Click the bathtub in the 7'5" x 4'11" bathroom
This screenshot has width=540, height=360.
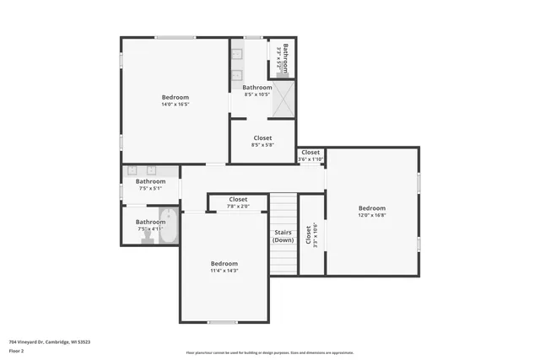coord(169,225)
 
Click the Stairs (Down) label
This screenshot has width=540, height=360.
coord(283,236)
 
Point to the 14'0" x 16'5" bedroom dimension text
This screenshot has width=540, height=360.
coord(175,105)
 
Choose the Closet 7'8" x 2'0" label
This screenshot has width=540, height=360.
coord(238,202)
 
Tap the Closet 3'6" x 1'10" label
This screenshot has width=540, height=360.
coord(310,155)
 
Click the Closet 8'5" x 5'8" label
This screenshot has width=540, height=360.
coord(262,141)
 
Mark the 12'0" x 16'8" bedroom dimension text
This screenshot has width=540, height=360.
coord(371,215)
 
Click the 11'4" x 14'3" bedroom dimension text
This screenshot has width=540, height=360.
coord(224,270)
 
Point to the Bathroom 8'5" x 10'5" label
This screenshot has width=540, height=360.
coord(257,90)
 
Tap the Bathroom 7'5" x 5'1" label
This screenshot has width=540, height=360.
coord(151,184)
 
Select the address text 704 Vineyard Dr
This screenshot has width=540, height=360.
coord(49,341)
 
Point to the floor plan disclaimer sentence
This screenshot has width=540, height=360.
coord(269,352)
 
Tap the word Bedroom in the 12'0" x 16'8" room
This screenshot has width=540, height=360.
coord(371,208)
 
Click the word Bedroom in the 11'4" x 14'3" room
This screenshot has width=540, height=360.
coord(224,263)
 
